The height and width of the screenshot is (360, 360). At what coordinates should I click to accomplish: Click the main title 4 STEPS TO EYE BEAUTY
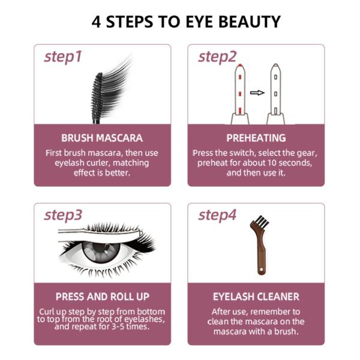point(186,22)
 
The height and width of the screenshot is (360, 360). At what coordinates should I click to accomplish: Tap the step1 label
point(63,57)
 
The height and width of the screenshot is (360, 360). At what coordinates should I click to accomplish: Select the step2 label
point(217,57)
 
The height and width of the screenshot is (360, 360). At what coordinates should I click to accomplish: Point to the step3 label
point(63,215)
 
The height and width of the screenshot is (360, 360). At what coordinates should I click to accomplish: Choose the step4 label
point(217,215)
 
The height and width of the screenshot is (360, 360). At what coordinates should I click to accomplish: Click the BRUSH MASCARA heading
point(102,138)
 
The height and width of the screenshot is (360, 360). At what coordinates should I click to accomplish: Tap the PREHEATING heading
point(256,138)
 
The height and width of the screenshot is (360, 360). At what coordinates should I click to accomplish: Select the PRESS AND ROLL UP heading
point(103,296)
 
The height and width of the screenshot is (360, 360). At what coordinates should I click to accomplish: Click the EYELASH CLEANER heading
point(256,296)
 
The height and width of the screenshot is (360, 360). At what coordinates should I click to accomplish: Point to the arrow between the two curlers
point(257,93)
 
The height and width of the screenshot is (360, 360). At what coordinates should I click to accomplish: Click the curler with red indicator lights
point(240,94)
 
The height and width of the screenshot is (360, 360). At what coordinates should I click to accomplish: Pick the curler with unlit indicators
point(276,94)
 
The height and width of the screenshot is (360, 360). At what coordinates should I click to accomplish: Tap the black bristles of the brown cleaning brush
point(262,221)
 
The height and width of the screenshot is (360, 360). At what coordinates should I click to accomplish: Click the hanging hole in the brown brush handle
point(261,270)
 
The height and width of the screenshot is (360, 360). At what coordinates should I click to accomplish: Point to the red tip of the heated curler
point(240,65)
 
